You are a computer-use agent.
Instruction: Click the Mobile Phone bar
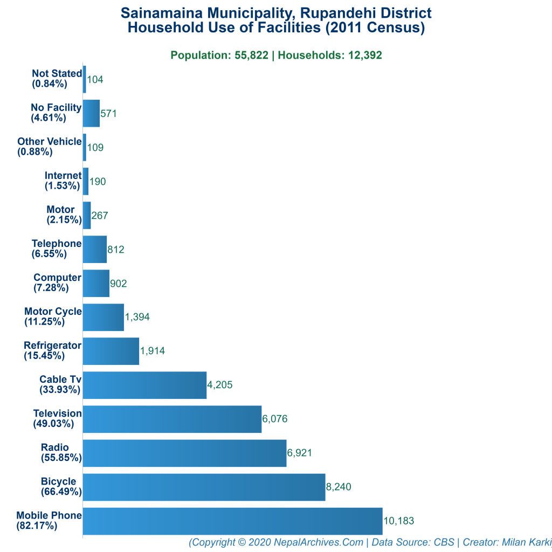[x=232, y=521]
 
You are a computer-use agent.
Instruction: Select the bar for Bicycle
[x=204, y=487]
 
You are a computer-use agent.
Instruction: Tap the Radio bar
[x=184, y=453]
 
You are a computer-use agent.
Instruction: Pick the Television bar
[x=172, y=419]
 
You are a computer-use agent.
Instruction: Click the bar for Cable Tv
[x=144, y=385]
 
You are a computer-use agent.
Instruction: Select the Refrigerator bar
[x=111, y=351]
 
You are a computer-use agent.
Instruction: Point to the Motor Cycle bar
[x=103, y=317]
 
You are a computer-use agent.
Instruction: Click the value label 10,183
[x=398, y=521]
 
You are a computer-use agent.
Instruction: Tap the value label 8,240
[x=339, y=487]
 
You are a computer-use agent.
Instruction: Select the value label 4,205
[x=219, y=385]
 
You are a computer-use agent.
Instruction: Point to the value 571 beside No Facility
[x=108, y=114]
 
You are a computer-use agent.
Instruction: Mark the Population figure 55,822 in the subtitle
[x=251, y=55]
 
